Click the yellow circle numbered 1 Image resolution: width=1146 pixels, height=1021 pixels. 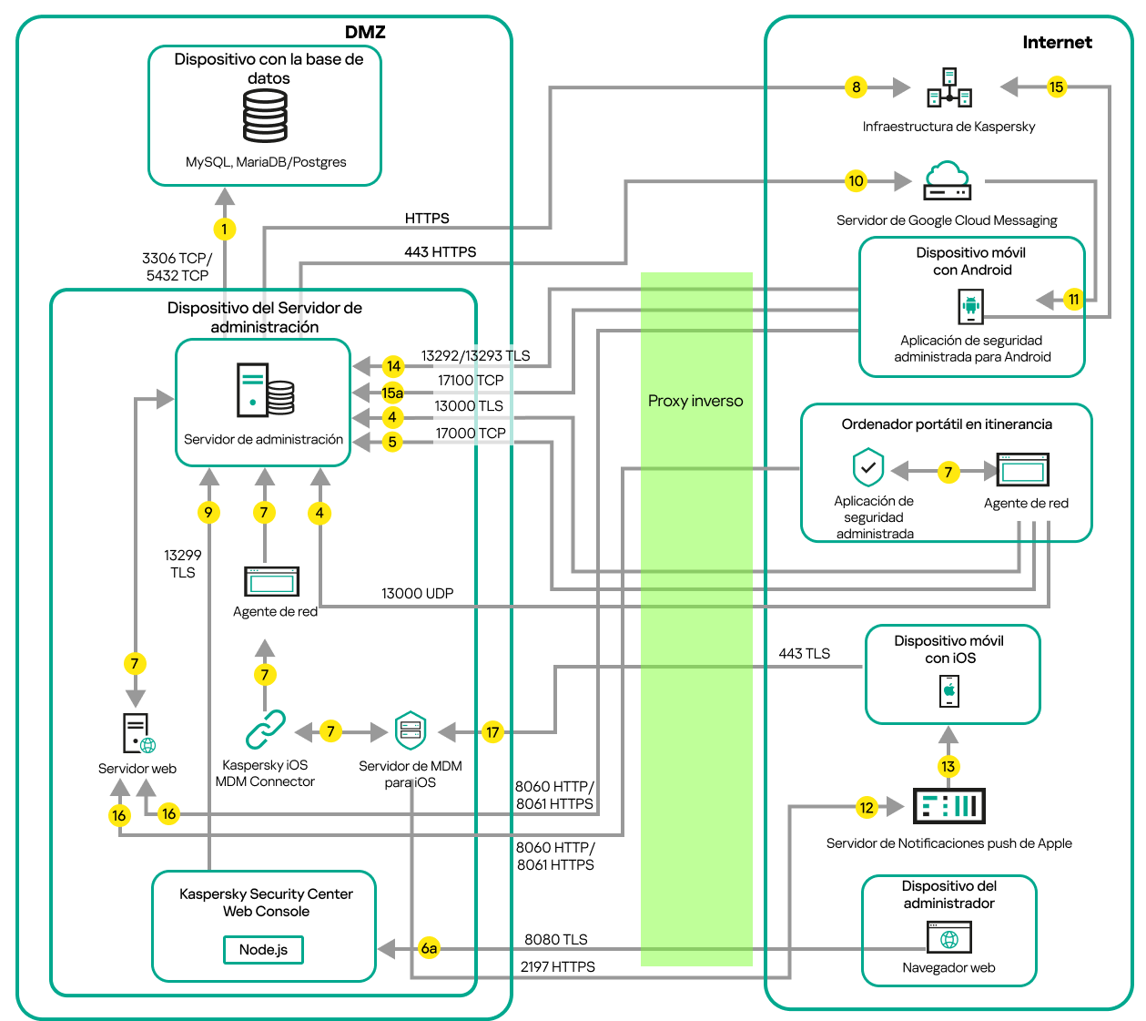(x=225, y=229)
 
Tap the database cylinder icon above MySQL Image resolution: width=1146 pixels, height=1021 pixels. (x=265, y=117)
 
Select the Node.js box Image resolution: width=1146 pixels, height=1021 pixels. (x=263, y=950)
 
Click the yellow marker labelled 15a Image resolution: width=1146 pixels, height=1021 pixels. (x=392, y=393)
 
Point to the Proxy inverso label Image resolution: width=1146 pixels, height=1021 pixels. (x=695, y=401)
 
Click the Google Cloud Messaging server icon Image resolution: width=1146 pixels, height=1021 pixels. (x=947, y=180)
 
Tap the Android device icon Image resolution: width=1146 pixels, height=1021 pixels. (x=971, y=306)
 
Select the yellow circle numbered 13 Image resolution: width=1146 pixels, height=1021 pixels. (x=948, y=766)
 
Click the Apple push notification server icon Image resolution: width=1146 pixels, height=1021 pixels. (x=948, y=806)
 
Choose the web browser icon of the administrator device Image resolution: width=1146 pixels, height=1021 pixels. (x=949, y=937)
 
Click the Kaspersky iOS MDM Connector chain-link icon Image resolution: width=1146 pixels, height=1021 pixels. (x=265, y=730)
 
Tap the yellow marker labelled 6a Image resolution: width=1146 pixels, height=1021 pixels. (x=429, y=948)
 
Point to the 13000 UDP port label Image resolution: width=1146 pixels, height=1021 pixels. (x=417, y=593)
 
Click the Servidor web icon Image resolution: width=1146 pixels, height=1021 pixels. (x=137, y=734)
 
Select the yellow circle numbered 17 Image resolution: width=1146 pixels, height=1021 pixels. (x=492, y=732)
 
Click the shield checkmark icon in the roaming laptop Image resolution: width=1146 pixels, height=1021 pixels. (x=868, y=468)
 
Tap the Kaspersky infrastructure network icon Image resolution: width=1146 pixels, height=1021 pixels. (x=949, y=87)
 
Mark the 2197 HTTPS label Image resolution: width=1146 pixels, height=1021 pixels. (x=557, y=966)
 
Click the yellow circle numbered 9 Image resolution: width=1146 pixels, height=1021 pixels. (x=208, y=512)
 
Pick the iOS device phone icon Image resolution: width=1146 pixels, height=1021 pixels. (x=949, y=690)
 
